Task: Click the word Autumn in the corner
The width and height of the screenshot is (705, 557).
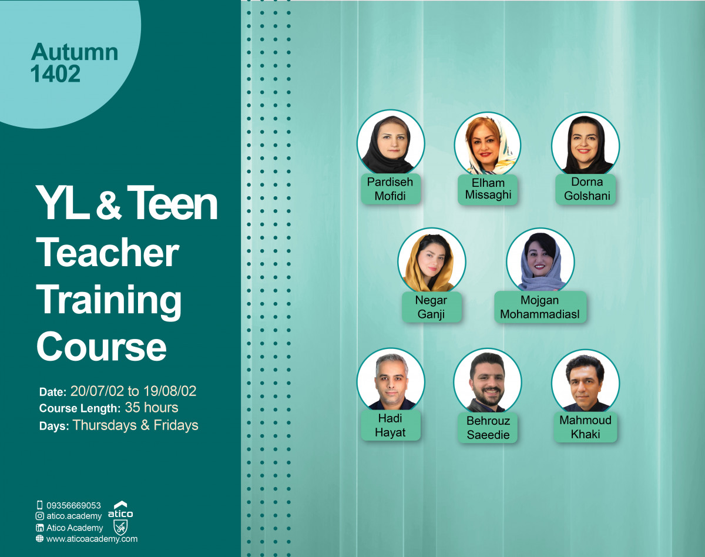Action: (75, 53)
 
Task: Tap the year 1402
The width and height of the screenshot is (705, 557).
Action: (56, 74)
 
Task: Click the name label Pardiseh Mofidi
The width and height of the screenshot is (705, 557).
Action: (390, 189)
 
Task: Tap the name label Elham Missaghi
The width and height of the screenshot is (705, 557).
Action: (488, 189)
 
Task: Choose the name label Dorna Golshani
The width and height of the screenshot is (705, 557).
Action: (586, 189)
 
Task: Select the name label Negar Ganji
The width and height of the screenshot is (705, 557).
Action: (431, 307)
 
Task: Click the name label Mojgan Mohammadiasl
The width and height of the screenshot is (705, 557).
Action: (540, 307)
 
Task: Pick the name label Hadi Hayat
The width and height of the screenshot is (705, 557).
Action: (390, 425)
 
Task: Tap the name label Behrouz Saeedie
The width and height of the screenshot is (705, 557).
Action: (488, 428)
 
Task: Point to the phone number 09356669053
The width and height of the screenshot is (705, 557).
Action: (73, 505)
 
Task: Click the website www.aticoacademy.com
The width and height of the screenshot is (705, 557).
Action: (92, 538)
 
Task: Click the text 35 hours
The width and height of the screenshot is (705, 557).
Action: (152, 408)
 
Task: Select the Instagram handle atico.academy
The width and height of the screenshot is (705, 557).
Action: (74, 516)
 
